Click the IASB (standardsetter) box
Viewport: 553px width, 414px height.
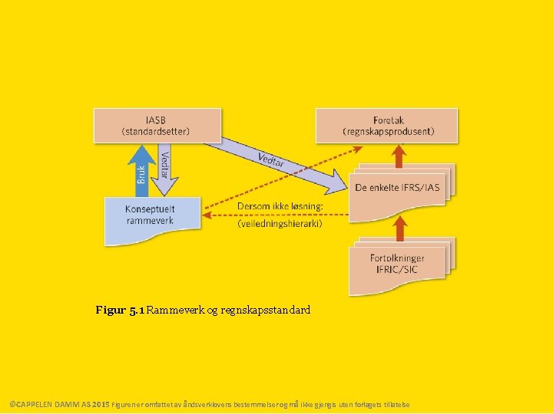pos(157,125)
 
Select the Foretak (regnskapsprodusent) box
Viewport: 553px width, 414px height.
pos(386,125)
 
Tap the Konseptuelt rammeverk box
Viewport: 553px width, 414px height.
pos(151,219)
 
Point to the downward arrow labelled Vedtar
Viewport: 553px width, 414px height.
pos(164,169)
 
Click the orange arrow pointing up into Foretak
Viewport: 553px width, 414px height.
pos(398,156)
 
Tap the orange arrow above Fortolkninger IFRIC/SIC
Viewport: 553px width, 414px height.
pos(398,226)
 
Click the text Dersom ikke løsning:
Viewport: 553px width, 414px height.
pos(279,208)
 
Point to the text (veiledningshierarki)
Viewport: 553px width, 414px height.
pos(280,223)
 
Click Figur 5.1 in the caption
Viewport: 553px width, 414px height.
pos(120,311)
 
